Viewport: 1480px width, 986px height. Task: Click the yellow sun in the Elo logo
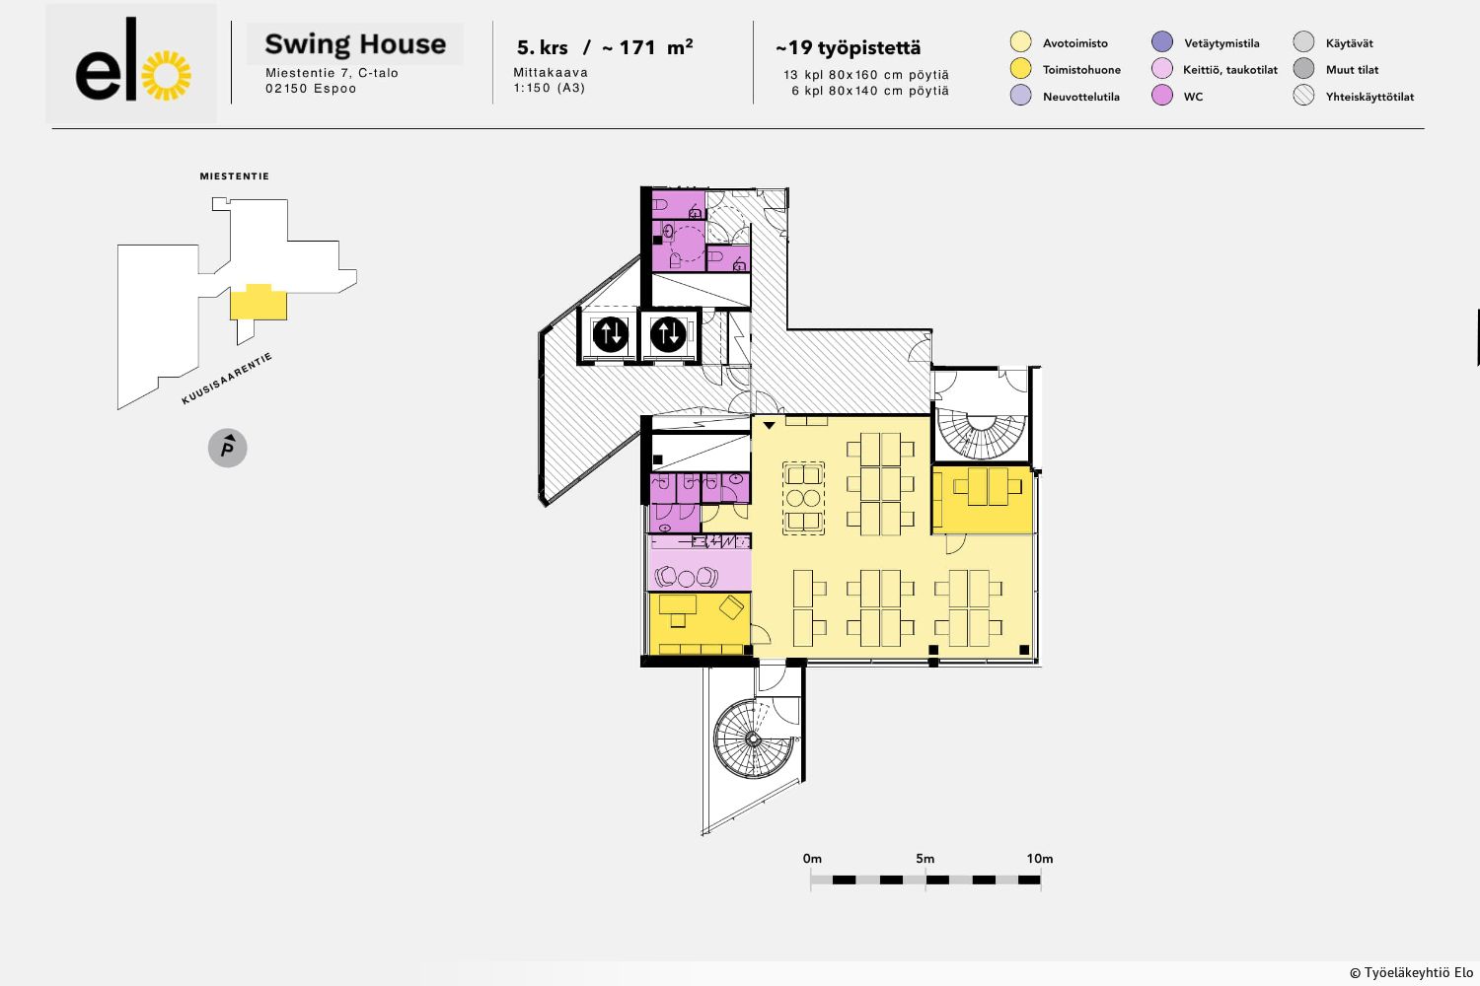tap(167, 75)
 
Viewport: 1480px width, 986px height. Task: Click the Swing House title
tap(355, 44)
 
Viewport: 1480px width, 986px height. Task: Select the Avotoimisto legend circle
tap(1021, 41)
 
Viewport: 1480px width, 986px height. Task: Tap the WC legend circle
tap(1162, 95)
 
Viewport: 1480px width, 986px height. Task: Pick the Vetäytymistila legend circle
tap(1162, 41)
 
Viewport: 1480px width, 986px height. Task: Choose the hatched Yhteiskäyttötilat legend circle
tap(1303, 95)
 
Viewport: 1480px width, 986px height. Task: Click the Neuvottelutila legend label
tap(1081, 97)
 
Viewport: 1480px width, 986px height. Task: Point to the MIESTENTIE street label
tap(235, 176)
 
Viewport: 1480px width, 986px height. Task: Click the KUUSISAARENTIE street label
tap(227, 379)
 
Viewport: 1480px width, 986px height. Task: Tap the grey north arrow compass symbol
tap(227, 448)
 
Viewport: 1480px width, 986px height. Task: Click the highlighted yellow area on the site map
tap(259, 303)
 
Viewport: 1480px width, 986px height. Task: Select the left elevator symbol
tap(610, 334)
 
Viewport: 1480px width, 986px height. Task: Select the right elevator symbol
tap(668, 334)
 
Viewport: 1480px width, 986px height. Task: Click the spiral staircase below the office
tap(753, 739)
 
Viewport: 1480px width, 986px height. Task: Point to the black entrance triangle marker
tap(769, 425)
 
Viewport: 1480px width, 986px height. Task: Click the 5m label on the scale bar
tap(925, 859)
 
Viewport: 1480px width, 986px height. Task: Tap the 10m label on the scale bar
tap(1040, 859)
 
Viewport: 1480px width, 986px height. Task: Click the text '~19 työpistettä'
tap(849, 47)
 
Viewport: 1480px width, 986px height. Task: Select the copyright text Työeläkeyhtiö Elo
tap(1411, 973)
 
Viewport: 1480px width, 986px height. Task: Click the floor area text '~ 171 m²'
tap(647, 47)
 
